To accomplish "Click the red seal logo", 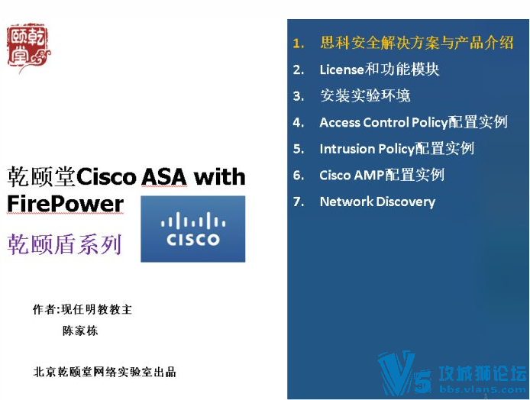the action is click(x=28, y=47).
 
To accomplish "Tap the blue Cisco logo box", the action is click(x=193, y=229).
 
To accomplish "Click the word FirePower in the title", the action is click(x=66, y=204).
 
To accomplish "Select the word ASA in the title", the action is click(x=164, y=176).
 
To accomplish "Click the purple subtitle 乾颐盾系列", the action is click(x=64, y=244).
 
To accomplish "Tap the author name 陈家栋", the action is click(x=80, y=331).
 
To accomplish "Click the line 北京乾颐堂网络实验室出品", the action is click(x=105, y=372).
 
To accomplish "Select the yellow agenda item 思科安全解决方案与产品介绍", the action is click(x=417, y=43).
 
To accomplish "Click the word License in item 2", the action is click(x=341, y=69).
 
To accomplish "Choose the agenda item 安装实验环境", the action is click(x=365, y=95).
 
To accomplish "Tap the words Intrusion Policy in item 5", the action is click(x=367, y=149).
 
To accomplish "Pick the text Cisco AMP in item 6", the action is click(x=352, y=175).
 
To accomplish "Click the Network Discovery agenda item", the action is click(x=377, y=202).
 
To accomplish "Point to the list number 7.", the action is click(x=299, y=202).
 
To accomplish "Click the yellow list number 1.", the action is click(x=299, y=44).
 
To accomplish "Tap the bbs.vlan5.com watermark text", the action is click(x=483, y=389).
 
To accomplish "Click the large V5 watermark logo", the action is click(x=404, y=373).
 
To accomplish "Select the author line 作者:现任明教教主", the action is click(x=82, y=309).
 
